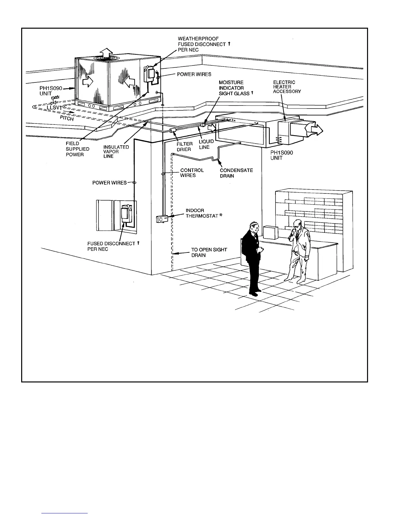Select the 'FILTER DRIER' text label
point(184,147)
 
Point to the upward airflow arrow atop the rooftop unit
point(105,52)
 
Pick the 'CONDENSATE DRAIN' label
point(236,173)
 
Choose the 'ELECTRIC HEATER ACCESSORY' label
point(287,87)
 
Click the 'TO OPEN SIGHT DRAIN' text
point(209,252)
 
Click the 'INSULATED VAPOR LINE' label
point(116,151)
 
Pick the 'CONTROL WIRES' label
point(192,173)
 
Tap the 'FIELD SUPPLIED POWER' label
point(77,149)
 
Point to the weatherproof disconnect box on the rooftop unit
point(150,74)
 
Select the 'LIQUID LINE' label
point(206,144)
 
